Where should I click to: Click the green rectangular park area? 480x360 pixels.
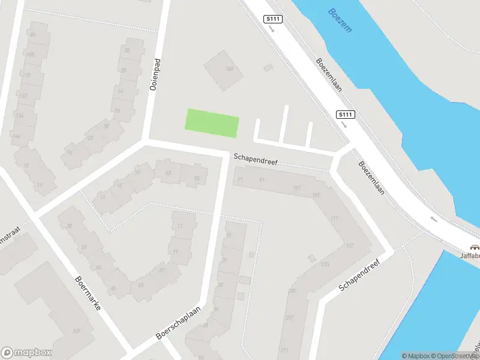coord(212,122)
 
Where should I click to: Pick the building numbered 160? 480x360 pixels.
coord(229,68)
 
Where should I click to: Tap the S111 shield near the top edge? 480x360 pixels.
coord(273,19)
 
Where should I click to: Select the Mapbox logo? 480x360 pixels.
coord(26,352)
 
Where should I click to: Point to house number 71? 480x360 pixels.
coord(241,179)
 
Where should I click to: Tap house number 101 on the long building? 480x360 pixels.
coord(296,188)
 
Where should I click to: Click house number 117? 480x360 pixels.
coord(334,218)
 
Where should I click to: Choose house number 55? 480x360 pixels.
coord(197,178)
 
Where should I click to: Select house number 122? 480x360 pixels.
coord(23,95)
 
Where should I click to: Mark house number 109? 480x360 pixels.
coord(76,331)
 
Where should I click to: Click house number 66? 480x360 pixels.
coord(32,35)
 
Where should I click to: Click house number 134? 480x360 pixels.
coord(19,116)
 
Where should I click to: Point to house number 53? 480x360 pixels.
coord(168,173)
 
